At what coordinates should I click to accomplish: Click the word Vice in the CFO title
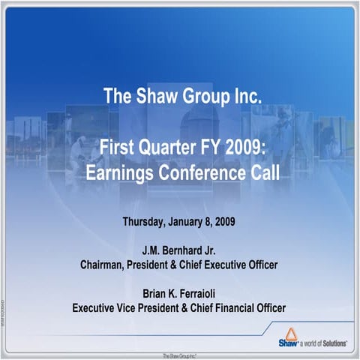(128, 307)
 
